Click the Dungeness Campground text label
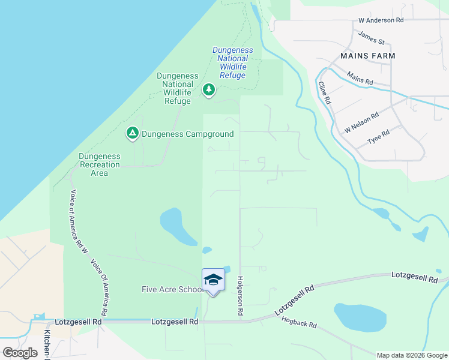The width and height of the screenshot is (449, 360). click(x=187, y=134)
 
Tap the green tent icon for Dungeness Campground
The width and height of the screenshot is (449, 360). click(x=133, y=133)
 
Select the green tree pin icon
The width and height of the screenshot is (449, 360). click(x=208, y=90)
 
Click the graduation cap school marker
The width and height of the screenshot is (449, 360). click(x=213, y=280)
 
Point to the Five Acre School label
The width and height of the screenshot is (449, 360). click(x=172, y=290)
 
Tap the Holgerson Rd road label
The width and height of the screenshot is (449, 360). click(x=240, y=296)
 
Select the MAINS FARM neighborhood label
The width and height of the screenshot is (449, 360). click(x=367, y=55)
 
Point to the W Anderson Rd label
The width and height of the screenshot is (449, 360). click(x=381, y=20)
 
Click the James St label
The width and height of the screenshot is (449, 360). click(x=371, y=37)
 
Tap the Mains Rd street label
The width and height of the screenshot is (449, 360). click(x=360, y=78)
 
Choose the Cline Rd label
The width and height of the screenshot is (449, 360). click(x=325, y=93)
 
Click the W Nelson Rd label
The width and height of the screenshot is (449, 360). click(x=361, y=123)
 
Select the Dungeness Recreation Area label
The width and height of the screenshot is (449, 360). click(x=100, y=164)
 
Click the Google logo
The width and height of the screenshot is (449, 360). click(x=20, y=352)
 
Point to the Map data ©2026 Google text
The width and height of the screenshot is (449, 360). click(x=411, y=355)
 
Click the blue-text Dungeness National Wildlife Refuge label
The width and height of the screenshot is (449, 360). click(x=233, y=63)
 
